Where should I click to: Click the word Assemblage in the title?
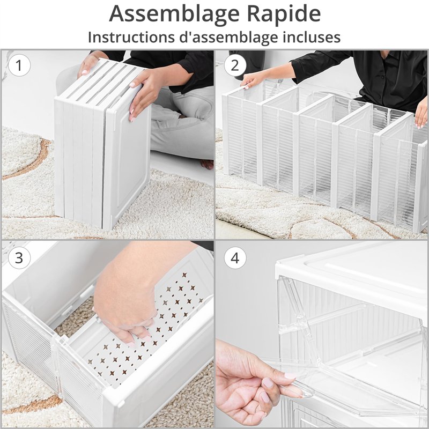click(x=174, y=14)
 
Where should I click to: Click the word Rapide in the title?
click(x=284, y=14)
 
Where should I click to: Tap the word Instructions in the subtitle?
click(x=131, y=37)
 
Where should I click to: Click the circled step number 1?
click(x=19, y=65)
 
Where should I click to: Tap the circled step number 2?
click(x=235, y=65)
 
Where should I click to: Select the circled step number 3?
click(x=19, y=257)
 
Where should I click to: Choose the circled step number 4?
click(x=235, y=257)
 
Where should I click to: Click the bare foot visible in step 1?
click(x=207, y=164)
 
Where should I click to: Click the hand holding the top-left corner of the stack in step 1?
click(x=89, y=64)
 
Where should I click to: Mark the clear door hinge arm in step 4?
click(x=298, y=315)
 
